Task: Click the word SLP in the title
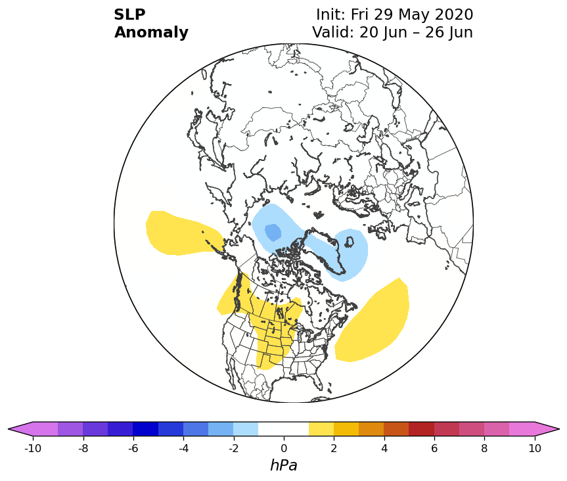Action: (x=129, y=15)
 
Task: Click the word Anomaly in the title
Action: (x=151, y=32)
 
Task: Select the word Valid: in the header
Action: (x=333, y=32)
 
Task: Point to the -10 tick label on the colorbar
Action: (x=33, y=448)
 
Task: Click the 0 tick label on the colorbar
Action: (x=284, y=448)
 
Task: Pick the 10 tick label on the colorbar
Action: (x=535, y=448)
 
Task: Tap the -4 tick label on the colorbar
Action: (x=184, y=448)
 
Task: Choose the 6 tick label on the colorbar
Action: (x=434, y=448)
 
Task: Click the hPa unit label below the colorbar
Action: (x=284, y=465)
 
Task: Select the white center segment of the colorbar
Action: (x=284, y=429)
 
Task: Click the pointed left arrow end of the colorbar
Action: (x=9, y=429)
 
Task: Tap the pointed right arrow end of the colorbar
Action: (x=558, y=429)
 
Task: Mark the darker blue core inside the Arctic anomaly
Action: (x=273, y=232)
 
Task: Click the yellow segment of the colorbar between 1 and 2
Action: (x=321, y=429)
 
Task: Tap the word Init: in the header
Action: (x=331, y=15)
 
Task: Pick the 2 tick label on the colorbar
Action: (x=334, y=448)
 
